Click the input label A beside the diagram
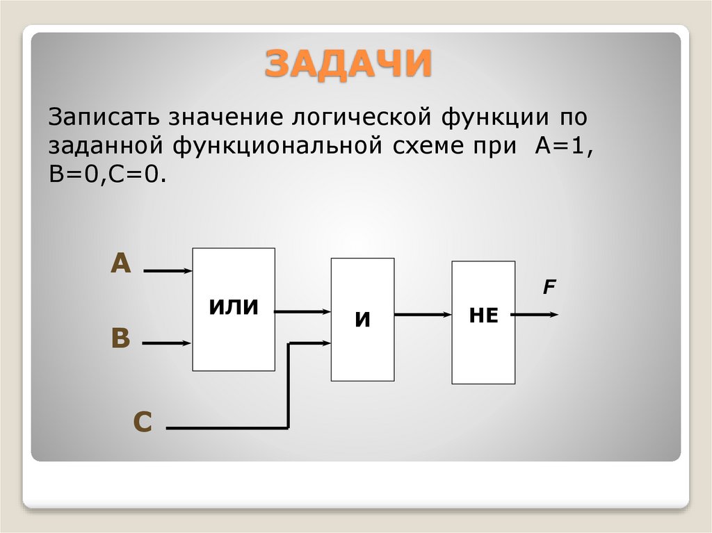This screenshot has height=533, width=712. pos(121,264)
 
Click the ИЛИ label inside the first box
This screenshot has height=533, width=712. pos(234,306)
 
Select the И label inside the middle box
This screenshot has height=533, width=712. pos(362,320)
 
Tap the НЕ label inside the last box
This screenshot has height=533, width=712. pos(483,315)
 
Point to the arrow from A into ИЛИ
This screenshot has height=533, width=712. pos(168,270)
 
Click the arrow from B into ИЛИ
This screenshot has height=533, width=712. pos(168,343)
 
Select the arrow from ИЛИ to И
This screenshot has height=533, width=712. pos(302,313)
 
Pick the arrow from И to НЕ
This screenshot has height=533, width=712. pos(423,315)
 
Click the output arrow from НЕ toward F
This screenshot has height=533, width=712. pos(535,315)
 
